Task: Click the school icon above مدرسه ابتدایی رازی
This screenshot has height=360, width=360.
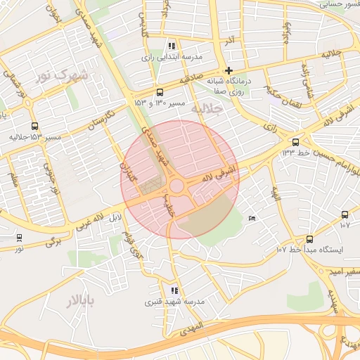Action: click(172, 46)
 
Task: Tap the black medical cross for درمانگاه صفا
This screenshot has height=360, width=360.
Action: click(229, 70)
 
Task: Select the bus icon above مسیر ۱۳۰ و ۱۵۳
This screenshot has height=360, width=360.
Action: click(160, 93)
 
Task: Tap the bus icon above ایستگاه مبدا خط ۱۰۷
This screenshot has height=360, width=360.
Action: click(310, 240)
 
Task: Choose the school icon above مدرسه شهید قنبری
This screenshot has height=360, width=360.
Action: click(174, 290)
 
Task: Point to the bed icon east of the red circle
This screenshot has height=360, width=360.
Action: click(252, 218)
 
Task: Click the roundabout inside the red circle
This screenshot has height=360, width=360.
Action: click(176, 186)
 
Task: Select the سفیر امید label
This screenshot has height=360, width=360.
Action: click(347, 271)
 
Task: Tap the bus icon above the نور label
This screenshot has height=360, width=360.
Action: click(19, 238)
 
